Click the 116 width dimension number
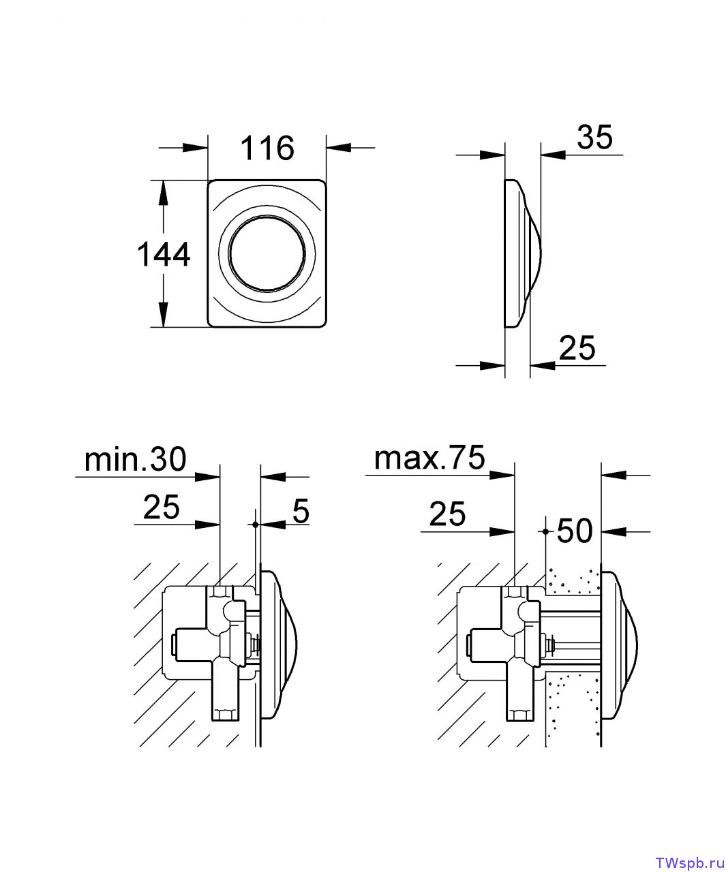[x=267, y=148]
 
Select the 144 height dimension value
[x=164, y=254]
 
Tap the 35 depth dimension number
[x=594, y=136]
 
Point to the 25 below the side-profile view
[x=577, y=348]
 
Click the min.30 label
[x=135, y=459]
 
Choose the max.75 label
[x=429, y=457]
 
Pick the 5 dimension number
[x=301, y=510]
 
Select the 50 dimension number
[x=575, y=531]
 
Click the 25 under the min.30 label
[x=162, y=507]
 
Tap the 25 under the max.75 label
[x=447, y=514]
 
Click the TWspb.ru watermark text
[x=690, y=860]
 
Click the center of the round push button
[x=267, y=253]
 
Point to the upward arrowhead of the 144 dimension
[x=163, y=193]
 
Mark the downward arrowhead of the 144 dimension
[x=163, y=315]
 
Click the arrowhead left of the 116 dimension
[x=196, y=147]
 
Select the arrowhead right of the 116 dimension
[x=339, y=147]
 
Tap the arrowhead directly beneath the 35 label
[x=553, y=155]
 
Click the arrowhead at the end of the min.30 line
[x=207, y=476]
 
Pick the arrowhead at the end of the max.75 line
[x=502, y=475]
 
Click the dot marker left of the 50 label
[x=545, y=531]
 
